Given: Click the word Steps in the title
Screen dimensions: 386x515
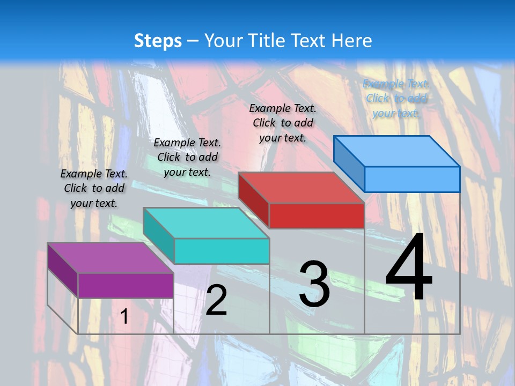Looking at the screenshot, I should click(x=158, y=41).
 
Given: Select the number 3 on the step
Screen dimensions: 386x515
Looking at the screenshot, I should click(x=314, y=284).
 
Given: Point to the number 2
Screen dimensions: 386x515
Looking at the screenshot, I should click(x=216, y=300).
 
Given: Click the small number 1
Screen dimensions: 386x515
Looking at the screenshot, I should click(x=124, y=316).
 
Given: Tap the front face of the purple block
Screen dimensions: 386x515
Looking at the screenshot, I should click(x=126, y=285).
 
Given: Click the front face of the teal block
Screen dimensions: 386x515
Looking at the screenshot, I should click(x=222, y=251).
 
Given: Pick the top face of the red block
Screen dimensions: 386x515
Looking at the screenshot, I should click(x=301, y=188).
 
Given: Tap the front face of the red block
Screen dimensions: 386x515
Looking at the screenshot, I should click(x=317, y=216).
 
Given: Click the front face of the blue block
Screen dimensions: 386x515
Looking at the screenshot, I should click(x=412, y=179).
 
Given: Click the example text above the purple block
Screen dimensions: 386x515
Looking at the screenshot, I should click(x=94, y=188).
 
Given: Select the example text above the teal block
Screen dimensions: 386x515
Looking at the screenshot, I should click(x=187, y=157).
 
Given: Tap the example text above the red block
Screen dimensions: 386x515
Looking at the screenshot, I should click(x=283, y=123).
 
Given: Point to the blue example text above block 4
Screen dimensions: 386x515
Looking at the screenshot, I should click(x=396, y=98).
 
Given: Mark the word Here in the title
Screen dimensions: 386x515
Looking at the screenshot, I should click(x=352, y=41).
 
